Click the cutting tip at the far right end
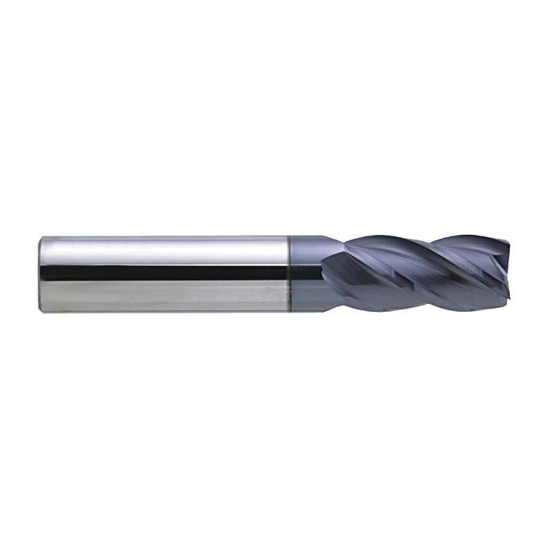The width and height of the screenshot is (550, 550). [507, 275]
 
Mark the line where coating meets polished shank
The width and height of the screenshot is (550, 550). [289, 273]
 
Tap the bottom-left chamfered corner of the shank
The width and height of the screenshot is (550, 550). [42, 309]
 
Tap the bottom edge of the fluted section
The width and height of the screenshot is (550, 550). [416, 307]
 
